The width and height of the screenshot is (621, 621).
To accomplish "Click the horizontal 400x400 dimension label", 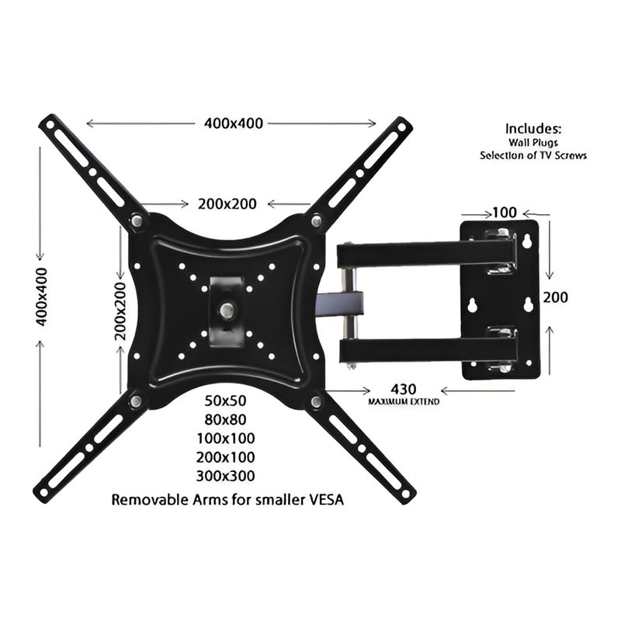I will (x=234, y=123).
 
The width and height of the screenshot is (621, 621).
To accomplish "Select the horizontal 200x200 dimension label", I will (x=227, y=203).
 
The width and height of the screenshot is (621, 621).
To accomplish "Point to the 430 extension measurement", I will (x=404, y=388).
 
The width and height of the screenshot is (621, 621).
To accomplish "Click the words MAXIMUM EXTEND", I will (x=404, y=401).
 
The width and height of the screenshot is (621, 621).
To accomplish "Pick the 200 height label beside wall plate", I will (x=556, y=297).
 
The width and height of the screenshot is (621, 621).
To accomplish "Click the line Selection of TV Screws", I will (x=533, y=155).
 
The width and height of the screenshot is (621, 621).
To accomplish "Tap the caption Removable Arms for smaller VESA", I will (x=228, y=499).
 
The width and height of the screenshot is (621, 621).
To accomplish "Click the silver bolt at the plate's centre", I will (x=226, y=309).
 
